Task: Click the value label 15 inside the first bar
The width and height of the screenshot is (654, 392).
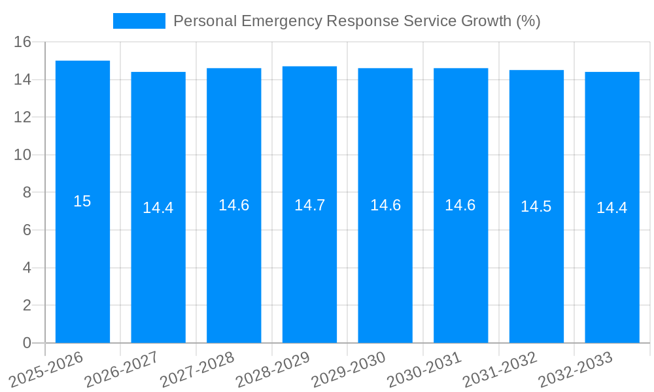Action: tap(82, 201)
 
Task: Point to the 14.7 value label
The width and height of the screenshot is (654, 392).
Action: tap(309, 205)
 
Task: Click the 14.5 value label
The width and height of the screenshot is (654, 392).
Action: tap(536, 206)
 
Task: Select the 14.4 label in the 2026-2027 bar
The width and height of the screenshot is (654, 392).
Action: tap(158, 208)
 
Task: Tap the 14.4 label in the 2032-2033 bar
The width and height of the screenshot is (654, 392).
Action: tap(612, 208)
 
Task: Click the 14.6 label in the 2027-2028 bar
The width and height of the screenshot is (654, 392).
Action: tap(234, 205)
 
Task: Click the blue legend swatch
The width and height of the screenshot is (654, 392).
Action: tap(139, 21)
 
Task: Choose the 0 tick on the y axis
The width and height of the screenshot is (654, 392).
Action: tap(27, 343)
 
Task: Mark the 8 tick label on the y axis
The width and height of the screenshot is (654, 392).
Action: tap(27, 193)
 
